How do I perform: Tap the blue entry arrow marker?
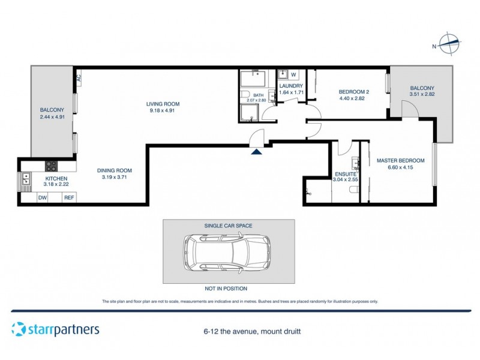click(257, 152)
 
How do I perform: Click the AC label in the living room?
click(79, 77)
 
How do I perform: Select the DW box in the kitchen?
click(43, 197)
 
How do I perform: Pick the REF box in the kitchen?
click(69, 197)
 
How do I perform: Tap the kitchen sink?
click(26, 179)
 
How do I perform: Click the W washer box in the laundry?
click(294, 75)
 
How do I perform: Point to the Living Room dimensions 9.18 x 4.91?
click(163, 111)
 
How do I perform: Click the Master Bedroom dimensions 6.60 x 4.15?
click(400, 168)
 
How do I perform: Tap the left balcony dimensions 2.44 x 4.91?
click(52, 117)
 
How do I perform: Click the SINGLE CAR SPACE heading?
click(229, 226)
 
